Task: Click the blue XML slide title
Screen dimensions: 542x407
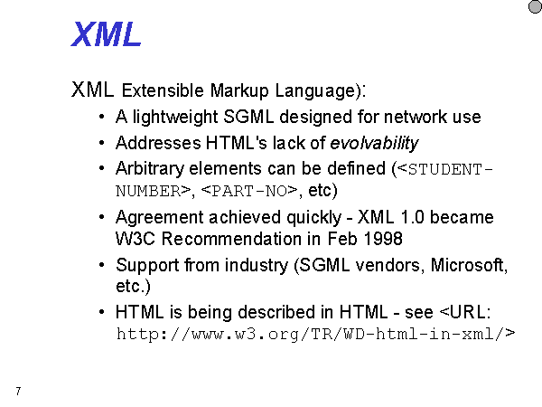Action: (106, 34)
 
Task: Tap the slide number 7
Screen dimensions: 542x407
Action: (18, 392)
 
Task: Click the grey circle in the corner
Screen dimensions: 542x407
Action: (536, 6)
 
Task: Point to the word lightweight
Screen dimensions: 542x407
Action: (175, 117)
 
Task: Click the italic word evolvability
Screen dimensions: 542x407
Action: (374, 143)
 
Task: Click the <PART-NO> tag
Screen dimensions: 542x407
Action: (249, 191)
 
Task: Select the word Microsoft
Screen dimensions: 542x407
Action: (468, 265)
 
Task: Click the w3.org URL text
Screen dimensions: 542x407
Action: (315, 335)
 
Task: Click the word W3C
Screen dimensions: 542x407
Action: (135, 239)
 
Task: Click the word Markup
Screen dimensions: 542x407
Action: (239, 91)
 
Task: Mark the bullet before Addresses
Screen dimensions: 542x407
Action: (101, 143)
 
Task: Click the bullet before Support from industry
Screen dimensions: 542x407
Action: (101, 265)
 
